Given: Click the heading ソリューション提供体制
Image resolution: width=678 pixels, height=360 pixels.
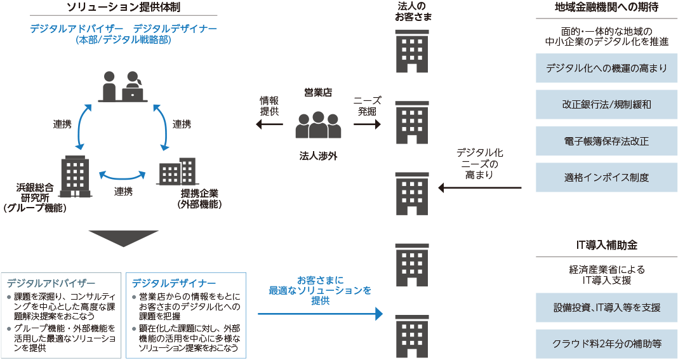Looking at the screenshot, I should pos(123,8).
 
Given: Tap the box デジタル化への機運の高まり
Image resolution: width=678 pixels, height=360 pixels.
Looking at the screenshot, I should pos(606,68).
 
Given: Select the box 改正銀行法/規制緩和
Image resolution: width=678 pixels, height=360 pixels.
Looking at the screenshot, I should pos(606,104).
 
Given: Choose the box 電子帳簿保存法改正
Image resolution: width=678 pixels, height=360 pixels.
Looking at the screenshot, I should pos(606,140).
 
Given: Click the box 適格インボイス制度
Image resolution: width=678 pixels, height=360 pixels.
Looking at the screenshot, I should pos(606,177).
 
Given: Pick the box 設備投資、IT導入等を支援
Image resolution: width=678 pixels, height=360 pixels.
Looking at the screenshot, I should pos(606,307).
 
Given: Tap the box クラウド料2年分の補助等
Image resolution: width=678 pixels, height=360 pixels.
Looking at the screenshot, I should pos(606,343).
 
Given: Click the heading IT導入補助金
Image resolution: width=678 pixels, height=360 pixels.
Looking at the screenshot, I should pos(606,244).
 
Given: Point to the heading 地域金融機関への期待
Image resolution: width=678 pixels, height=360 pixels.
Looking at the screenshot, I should pos(606,8).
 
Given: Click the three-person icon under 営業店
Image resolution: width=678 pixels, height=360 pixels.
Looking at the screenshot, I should pos(318,125).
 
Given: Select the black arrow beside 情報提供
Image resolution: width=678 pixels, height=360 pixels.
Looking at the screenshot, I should pos(269,124).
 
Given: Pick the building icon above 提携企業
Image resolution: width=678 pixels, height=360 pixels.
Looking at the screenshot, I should pos(177,172).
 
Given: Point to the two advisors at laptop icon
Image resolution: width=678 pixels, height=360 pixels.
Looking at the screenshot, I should pos(124,87).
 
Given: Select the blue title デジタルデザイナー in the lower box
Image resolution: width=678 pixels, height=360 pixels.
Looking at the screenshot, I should pos(174,283).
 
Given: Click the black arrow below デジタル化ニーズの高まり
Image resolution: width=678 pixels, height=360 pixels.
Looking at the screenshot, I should pos(480,188).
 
